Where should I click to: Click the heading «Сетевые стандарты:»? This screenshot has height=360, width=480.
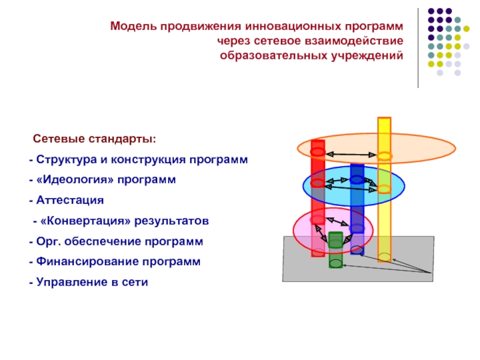94,139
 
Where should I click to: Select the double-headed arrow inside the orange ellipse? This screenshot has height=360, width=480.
351,155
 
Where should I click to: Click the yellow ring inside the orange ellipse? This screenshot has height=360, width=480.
384,157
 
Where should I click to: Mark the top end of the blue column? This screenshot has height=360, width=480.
357,166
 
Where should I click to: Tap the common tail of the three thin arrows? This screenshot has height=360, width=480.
431,273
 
